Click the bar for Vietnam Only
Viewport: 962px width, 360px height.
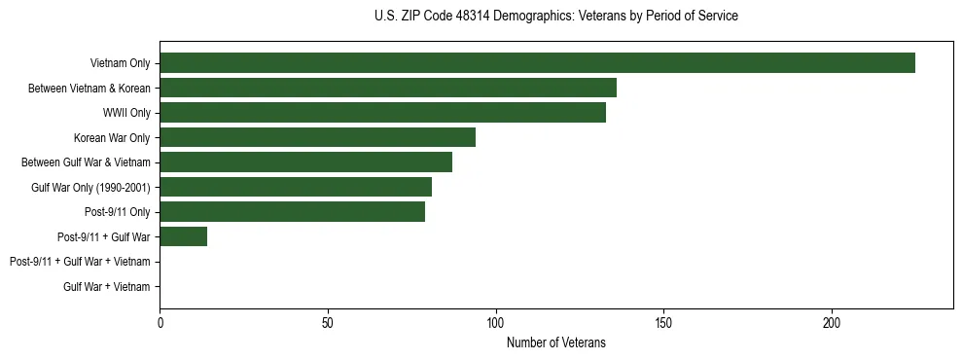pos(537,63)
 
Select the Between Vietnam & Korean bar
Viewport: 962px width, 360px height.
pos(388,88)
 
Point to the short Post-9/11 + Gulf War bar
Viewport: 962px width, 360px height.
pos(183,236)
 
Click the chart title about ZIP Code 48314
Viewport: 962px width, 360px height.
pos(555,17)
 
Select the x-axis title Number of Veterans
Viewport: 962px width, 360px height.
pos(555,342)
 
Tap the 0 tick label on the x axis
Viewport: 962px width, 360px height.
pos(160,322)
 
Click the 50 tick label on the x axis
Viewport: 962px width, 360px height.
pos(328,322)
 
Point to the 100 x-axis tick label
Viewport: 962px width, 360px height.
pos(496,322)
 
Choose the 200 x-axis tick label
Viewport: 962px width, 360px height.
pos(832,322)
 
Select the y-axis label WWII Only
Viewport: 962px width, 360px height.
pos(126,113)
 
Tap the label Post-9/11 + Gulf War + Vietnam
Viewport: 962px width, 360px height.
pos(80,262)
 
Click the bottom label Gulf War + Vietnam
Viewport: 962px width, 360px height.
pos(106,286)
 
